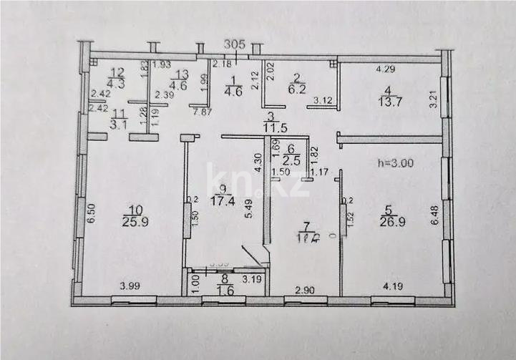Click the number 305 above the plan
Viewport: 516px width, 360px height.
pos(235,44)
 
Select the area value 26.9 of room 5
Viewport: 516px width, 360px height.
pos(388,223)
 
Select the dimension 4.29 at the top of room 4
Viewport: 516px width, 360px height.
pos(387,69)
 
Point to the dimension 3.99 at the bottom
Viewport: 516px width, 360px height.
pos(130,287)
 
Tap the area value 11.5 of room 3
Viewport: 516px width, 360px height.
pos(270,128)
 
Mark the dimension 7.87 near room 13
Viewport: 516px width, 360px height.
pos(199,111)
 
